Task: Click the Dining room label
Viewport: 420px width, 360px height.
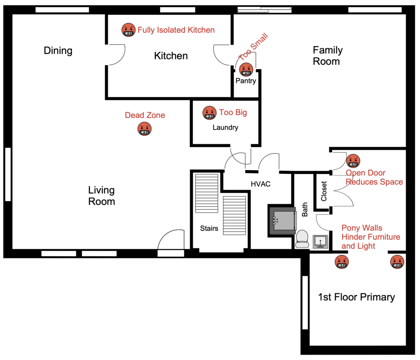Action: point(58,51)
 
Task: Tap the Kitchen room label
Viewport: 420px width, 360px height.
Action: point(171,56)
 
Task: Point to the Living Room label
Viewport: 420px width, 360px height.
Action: point(101,196)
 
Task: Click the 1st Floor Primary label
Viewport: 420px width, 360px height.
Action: point(356,297)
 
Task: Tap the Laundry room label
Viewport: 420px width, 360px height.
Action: point(225,128)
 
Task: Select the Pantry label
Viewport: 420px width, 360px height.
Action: point(246,81)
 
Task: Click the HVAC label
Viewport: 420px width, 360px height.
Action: point(261,184)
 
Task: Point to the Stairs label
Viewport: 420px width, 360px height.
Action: point(209,228)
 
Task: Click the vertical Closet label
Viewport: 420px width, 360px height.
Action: point(324,191)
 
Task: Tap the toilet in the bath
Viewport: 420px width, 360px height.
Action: point(302,239)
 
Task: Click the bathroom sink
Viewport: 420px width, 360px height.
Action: point(320,242)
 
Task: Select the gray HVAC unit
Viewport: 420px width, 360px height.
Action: point(282,220)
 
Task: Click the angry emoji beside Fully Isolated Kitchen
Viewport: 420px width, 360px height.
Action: point(128,30)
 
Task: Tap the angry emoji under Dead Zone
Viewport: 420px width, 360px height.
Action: point(144,129)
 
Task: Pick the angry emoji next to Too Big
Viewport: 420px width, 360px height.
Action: point(210,113)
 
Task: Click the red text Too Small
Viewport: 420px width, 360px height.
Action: point(253,48)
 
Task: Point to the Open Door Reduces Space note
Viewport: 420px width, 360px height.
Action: point(374,178)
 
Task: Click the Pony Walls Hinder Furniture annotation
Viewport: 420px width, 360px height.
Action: point(370,237)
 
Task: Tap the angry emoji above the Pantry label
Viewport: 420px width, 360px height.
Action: point(246,69)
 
